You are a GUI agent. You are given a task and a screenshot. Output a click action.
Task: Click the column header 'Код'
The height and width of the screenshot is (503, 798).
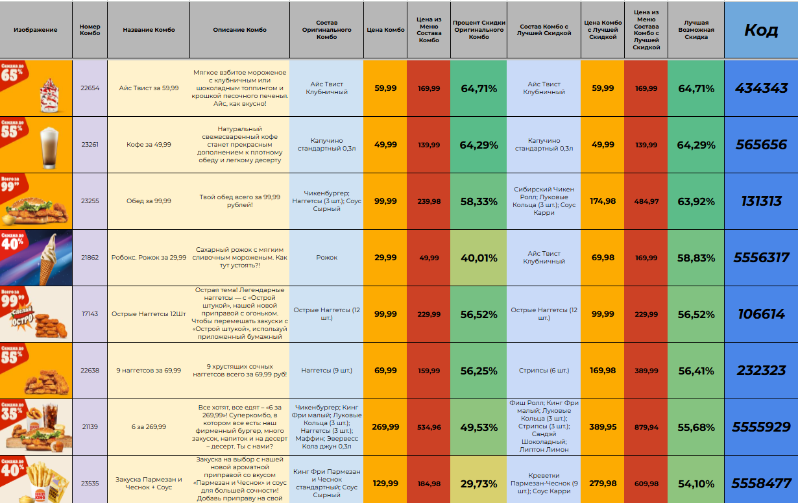coord(760,30)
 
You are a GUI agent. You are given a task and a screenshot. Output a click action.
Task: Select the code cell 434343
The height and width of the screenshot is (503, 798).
coord(761,88)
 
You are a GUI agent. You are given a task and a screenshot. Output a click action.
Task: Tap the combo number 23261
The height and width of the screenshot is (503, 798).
coord(90,145)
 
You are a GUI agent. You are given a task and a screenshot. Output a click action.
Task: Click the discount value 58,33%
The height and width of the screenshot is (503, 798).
coord(479,201)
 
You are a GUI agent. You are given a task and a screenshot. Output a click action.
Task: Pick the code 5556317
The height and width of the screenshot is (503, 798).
coord(761,258)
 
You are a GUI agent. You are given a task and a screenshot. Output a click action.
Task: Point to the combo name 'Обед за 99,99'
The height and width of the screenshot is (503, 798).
coord(149,201)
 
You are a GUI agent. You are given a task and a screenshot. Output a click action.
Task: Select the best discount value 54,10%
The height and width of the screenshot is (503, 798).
coord(695,484)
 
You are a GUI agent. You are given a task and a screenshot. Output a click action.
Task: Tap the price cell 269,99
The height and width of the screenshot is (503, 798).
coord(385,427)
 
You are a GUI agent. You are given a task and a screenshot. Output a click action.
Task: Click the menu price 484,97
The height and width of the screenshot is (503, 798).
coord(646,201)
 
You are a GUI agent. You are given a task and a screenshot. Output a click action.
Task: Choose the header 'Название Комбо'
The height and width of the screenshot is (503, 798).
coord(149,30)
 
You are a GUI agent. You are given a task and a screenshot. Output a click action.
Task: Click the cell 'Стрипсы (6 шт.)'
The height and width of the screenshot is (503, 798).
coord(544,371)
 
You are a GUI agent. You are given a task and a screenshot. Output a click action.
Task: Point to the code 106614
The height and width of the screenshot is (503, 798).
coord(761,314)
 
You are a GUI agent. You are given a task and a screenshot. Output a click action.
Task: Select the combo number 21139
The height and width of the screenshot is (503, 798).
coord(90,427)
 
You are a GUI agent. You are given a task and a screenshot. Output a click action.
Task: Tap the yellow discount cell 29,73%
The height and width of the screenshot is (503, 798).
coord(479,484)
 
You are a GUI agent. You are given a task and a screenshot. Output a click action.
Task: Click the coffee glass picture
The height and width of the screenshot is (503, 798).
coord(49,144)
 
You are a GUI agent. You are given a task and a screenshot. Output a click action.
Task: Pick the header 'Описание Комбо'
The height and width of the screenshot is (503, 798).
coord(239,30)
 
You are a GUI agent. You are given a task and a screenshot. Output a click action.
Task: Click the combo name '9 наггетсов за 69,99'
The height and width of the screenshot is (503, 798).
coord(149,371)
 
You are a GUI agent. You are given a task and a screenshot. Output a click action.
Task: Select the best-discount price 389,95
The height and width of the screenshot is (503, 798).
coord(603,427)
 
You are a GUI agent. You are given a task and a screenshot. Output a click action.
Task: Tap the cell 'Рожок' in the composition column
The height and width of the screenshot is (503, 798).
coord(326,258)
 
